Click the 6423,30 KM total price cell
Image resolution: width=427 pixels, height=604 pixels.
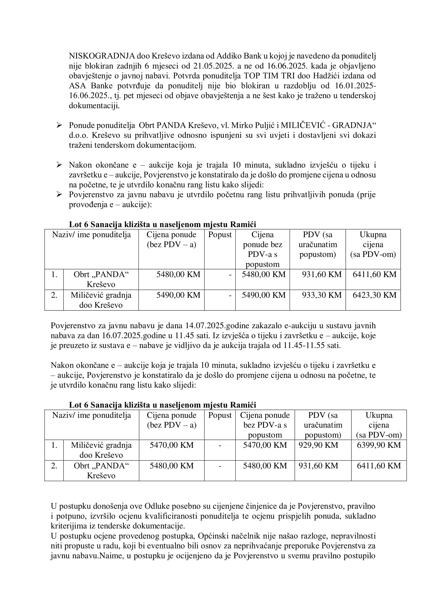[374, 295]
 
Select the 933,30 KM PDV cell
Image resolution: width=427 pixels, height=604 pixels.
[322, 295]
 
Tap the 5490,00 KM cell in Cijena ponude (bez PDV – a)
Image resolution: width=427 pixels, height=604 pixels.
[178, 295]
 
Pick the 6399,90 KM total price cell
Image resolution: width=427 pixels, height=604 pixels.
[379, 445]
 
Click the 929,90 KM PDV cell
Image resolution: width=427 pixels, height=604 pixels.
[318, 445]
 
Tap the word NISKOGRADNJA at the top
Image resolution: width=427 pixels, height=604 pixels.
[102, 56]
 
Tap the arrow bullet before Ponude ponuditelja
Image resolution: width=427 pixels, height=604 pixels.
[59, 125]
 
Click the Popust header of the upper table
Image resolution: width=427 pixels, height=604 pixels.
[220, 235]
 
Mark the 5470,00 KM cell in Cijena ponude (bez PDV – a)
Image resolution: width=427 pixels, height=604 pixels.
[171, 445]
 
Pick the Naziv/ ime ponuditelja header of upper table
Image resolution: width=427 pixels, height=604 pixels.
[91, 235]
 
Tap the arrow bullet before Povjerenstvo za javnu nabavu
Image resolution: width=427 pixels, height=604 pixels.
[59, 195]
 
